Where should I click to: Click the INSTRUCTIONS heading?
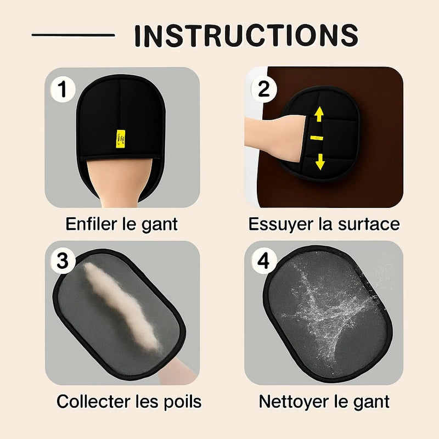coord(246,35)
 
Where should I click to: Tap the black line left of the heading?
coord(74,35)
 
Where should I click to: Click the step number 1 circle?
coord(63,89)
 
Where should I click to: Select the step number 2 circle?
coord(264,89)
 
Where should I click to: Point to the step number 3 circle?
coord(63,261)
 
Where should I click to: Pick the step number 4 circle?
coord(264,261)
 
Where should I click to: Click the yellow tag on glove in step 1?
coord(121,138)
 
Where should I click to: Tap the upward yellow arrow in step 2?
coord(319,115)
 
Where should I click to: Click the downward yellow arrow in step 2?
coord(320,161)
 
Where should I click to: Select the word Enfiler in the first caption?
coord(91,224)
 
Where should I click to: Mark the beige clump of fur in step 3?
coord(122,306)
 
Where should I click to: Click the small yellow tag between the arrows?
coord(317,138)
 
